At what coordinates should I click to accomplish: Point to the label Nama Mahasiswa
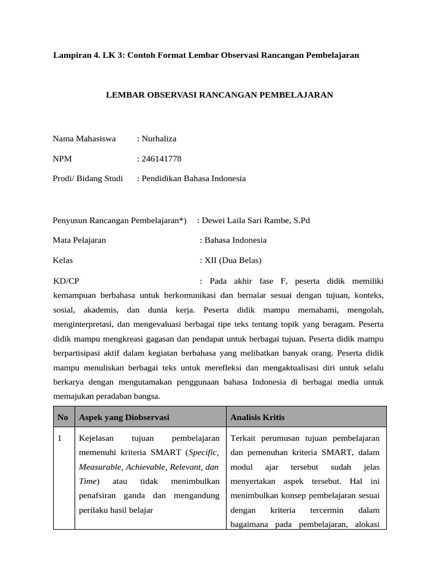point(84,139)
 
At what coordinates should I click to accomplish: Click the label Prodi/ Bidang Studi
point(88,178)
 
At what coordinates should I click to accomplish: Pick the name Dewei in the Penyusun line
point(214,220)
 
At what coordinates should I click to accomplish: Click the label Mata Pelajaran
point(79,240)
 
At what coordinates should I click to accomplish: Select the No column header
point(63,417)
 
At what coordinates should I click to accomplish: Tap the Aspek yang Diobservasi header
point(124,417)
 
